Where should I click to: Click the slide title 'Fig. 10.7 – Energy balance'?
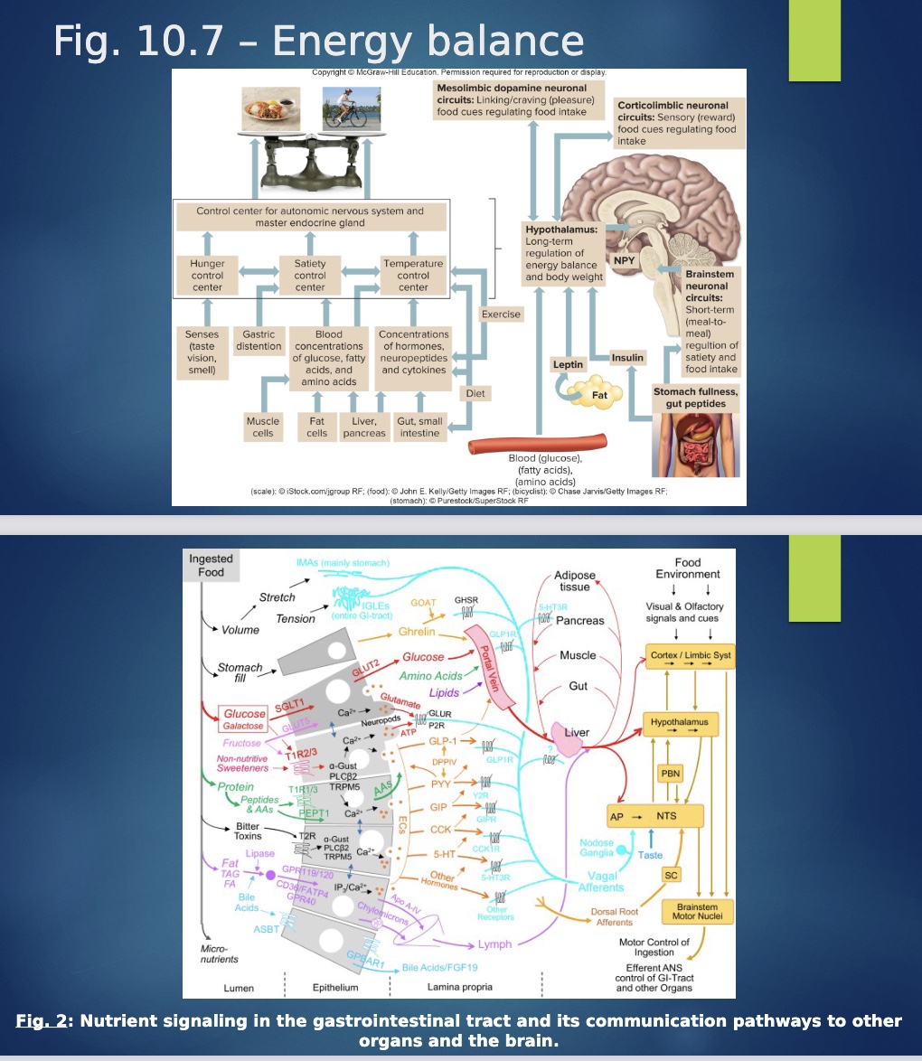point(318,42)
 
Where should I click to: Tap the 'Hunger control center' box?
point(207,275)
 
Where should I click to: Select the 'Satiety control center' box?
point(310,275)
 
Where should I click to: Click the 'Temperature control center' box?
point(413,275)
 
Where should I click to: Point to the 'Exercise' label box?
point(501,315)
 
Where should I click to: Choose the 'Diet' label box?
point(475,393)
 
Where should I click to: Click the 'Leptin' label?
point(569,363)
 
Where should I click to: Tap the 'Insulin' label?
point(627,358)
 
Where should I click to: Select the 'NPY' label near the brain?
point(625,260)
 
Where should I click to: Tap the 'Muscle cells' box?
point(263,427)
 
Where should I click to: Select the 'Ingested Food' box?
point(211,565)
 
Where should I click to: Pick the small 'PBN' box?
point(670,774)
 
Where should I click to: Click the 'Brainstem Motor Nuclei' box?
point(696,911)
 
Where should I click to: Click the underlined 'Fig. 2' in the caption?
point(46,1021)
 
